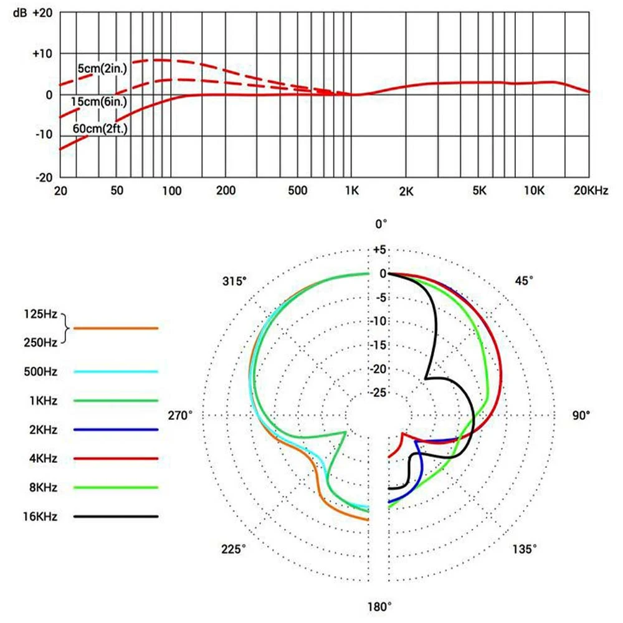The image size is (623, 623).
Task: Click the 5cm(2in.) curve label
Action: [x=102, y=69]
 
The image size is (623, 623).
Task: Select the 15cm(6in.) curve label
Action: [x=102, y=100]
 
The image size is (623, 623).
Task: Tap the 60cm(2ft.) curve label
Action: [x=102, y=130]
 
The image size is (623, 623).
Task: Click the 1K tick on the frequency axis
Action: [x=353, y=191]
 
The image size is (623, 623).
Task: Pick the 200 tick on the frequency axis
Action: [x=225, y=191]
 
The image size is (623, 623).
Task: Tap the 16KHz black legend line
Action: [x=116, y=516]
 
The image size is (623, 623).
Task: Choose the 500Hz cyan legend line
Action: [x=116, y=372]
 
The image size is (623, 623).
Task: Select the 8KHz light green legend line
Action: [x=116, y=487]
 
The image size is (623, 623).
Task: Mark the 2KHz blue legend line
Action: [x=116, y=430]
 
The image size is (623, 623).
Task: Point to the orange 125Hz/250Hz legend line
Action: [x=116, y=328]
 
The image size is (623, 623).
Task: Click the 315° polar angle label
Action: [x=234, y=281]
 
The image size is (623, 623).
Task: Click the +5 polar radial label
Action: [x=379, y=250]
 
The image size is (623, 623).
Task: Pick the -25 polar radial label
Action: [x=378, y=392]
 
